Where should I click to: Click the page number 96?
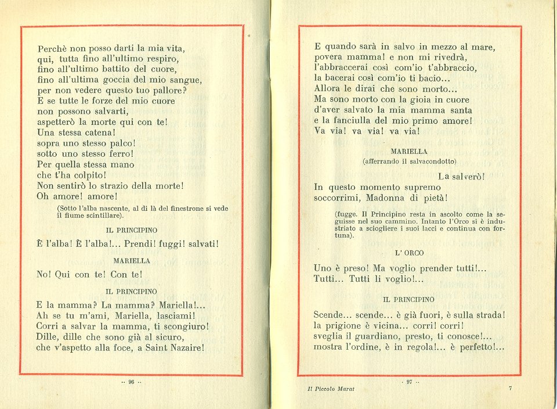pyautogui.click(x=131, y=382)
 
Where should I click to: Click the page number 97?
pyautogui.click(x=409, y=382)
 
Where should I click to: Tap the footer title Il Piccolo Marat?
pyautogui.click(x=331, y=389)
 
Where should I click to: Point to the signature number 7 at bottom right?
pyautogui.click(x=510, y=388)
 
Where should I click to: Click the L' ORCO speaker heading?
pyautogui.click(x=409, y=253)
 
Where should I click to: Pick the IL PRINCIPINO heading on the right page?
pyautogui.click(x=409, y=299)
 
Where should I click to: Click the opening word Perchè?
pyautogui.click(x=53, y=49)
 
